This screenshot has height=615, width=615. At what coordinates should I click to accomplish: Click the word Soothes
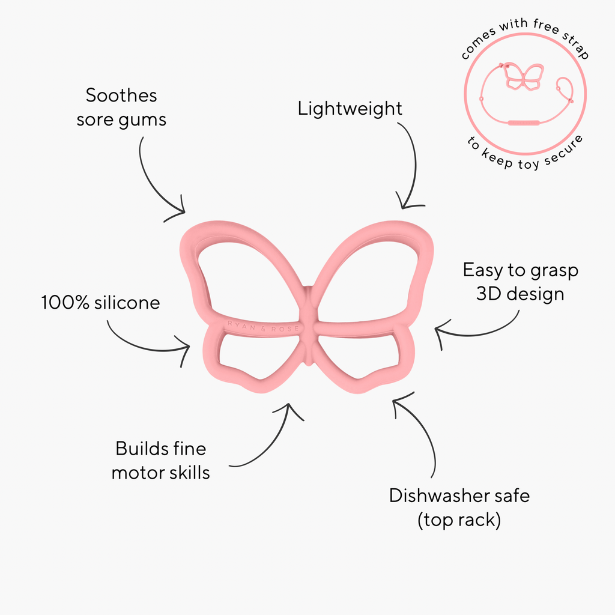(x=121, y=95)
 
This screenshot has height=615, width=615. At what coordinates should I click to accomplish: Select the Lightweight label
(x=350, y=109)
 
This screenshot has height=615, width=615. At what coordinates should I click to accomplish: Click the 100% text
(x=65, y=303)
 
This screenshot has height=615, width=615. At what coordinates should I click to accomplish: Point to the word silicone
(x=127, y=303)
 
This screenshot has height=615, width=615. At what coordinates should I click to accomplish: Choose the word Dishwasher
(x=438, y=495)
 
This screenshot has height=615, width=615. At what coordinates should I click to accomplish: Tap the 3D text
(x=488, y=294)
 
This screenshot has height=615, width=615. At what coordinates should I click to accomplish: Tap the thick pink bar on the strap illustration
(x=524, y=123)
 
